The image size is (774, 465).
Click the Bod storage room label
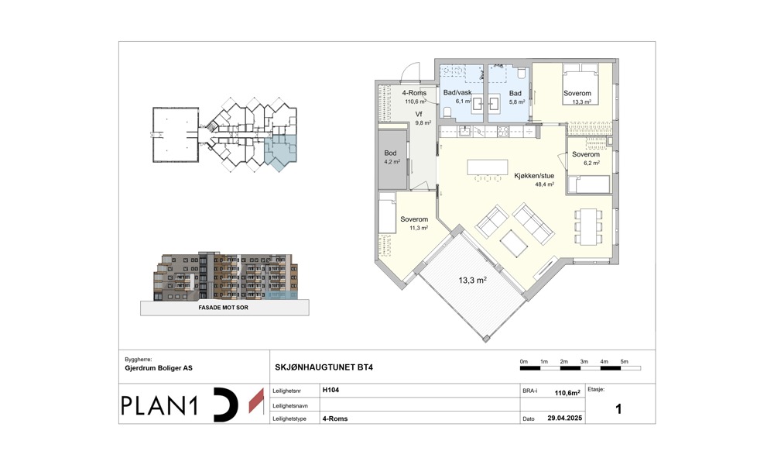pos(390,153)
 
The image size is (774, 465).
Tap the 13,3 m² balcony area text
pos(472,281)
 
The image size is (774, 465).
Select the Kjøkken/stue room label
pos(534,175)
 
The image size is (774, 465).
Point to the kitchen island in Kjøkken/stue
pos(488,167)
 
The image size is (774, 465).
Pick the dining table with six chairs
pos(588,227)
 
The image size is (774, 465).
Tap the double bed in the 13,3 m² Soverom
pos(580,84)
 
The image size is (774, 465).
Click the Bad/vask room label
pos(457,92)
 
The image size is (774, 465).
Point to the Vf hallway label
pos(419,114)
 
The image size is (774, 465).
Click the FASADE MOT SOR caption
pos(223,308)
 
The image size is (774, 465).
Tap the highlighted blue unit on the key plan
pos(281,153)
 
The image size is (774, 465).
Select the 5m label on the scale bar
pos(625,362)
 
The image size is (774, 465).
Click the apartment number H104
pos(330,390)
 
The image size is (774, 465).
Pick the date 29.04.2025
pos(565,418)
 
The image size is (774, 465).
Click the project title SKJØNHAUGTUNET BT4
pos(324,367)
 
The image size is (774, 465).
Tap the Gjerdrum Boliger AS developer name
pos(159,368)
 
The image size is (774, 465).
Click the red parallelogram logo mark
pos(256,401)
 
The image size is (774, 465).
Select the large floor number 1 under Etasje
pos(618,409)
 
